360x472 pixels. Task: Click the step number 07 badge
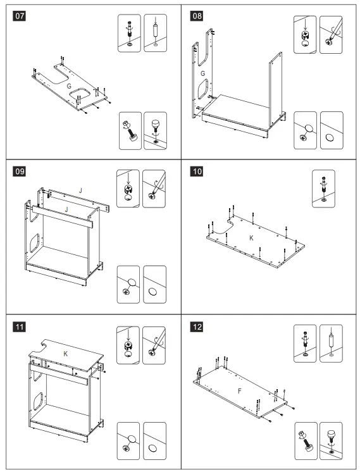(19, 16)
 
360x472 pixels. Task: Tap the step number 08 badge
(196, 16)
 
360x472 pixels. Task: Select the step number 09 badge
(19, 171)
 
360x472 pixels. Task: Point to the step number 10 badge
(196, 171)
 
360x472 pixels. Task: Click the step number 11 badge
(19, 327)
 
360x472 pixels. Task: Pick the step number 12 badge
(196, 327)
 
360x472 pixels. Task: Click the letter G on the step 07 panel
(69, 86)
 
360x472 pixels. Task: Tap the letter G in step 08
(202, 73)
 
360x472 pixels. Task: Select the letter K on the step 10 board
(251, 238)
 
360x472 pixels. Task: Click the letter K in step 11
(66, 354)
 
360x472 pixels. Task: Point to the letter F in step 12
(240, 391)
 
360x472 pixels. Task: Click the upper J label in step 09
(80, 190)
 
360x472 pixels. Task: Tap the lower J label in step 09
(66, 209)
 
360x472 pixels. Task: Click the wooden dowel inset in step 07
(155, 33)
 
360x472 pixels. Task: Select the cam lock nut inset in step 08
(305, 35)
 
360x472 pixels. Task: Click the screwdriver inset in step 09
(154, 189)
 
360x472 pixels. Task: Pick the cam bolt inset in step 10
(323, 189)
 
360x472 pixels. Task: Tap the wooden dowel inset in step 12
(331, 343)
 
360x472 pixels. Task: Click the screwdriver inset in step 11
(154, 345)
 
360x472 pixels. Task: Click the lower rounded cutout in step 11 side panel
(38, 401)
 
